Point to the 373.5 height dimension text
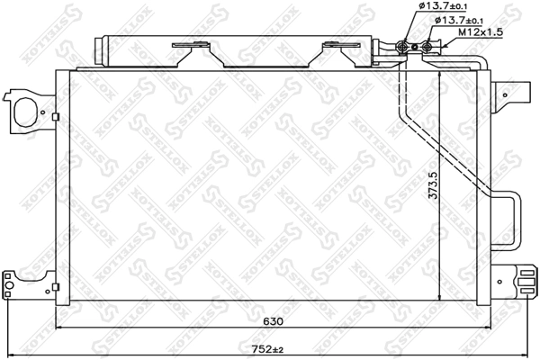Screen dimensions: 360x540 pos(433,185)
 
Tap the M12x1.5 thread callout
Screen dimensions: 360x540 pos(480,32)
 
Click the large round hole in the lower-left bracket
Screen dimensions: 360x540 pos(12,288)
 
